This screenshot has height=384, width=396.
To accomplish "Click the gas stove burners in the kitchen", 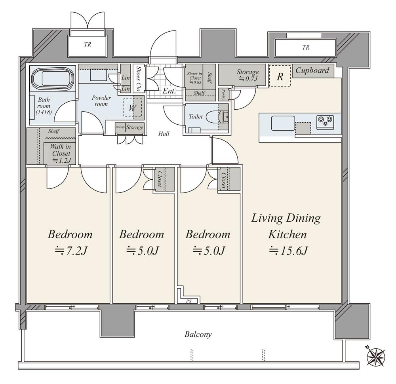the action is tap(325, 120).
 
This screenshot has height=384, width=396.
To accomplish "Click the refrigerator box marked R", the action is tap(280, 76).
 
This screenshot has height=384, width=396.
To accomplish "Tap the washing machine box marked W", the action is tap(132, 108).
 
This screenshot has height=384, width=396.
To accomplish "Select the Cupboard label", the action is tap(312, 71).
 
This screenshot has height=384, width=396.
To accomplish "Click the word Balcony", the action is tap(198, 335).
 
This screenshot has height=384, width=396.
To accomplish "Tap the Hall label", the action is tap(164, 134).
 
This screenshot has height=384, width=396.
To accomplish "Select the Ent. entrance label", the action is tap(169, 91).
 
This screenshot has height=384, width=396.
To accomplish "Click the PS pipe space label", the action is tap(189, 301).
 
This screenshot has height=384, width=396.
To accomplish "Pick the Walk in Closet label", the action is tap(61, 153).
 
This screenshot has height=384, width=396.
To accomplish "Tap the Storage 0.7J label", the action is tap(247, 75).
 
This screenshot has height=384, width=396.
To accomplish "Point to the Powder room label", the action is tap(101, 101).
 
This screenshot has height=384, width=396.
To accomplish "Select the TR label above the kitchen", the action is tap(305, 48).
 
